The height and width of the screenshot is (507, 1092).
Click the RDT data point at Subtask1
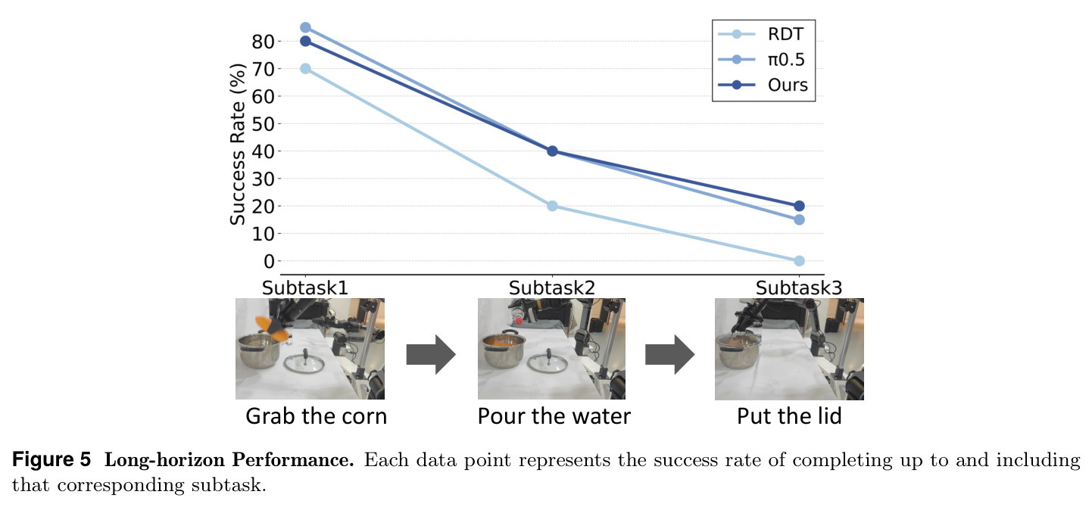coord(305,69)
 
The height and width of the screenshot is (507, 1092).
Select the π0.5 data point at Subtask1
coord(305,27)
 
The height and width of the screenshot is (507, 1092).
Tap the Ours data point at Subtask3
coord(799,206)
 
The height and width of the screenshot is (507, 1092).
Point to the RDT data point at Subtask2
coord(552,206)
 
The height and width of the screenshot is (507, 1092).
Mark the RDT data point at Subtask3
coord(799,261)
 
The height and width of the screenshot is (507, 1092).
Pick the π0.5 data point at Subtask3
coord(799,219)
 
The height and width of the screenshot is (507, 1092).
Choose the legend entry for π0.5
coord(762,60)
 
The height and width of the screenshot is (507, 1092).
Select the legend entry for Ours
coord(763,86)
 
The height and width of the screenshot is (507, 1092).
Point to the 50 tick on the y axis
coord(263,123)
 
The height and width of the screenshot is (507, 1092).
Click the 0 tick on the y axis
coord(269,262)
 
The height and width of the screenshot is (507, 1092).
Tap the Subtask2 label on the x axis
coord(552,288)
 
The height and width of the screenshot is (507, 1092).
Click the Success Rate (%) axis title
coord(238,145)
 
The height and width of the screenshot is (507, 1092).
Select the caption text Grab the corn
coord(316,416)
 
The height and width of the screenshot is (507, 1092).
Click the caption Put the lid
coord(789,416)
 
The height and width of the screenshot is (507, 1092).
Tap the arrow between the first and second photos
coord(431,354)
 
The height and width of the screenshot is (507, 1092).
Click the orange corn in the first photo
coord(271,328)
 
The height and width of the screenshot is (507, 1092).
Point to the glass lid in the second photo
coord(548,362)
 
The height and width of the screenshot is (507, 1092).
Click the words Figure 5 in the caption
coord(51,459)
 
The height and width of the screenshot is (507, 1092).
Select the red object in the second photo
coord(519,321)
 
